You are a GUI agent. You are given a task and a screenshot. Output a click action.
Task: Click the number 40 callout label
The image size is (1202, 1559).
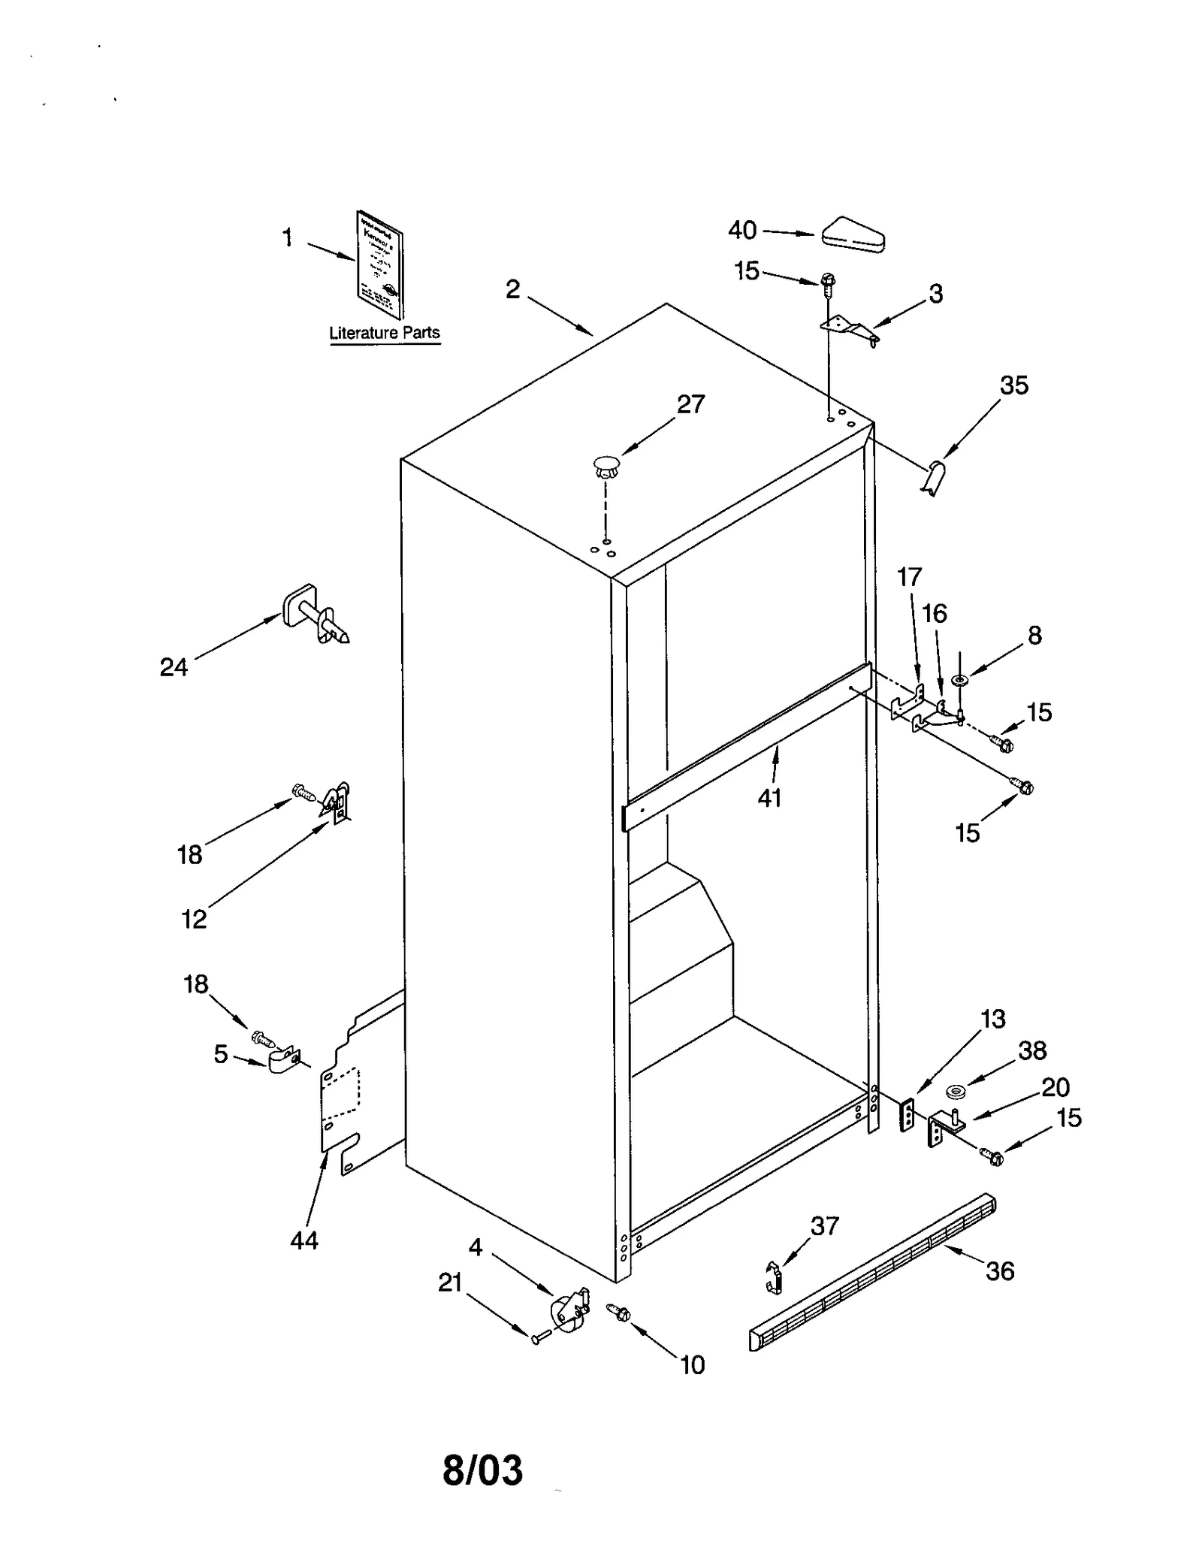pos(741,230)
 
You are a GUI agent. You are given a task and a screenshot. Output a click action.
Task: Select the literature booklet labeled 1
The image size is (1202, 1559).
pos(379,264)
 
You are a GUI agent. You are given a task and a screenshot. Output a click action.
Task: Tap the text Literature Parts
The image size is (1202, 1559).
pos(385,333)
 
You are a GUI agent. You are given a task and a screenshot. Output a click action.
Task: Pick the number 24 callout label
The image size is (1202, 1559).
pos(174,666)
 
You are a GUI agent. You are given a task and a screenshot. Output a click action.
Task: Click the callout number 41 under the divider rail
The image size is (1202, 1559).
pos(769,798)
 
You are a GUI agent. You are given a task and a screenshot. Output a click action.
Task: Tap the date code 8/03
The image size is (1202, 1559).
pos(482,1470)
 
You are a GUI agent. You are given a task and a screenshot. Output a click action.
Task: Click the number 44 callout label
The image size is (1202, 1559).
pos(304,1240)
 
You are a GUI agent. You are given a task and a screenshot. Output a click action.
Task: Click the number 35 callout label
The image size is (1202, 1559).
pos(1013,385)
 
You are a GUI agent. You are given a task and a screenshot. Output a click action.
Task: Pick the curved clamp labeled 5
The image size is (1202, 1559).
pos(283,1060)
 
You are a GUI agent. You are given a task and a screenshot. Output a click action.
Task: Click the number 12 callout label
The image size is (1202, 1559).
pos(194,918)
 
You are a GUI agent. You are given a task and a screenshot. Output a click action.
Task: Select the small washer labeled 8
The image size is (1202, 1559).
pos(959,680)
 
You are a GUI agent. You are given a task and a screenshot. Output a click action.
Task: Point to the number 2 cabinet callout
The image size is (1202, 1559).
pos(512,290)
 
